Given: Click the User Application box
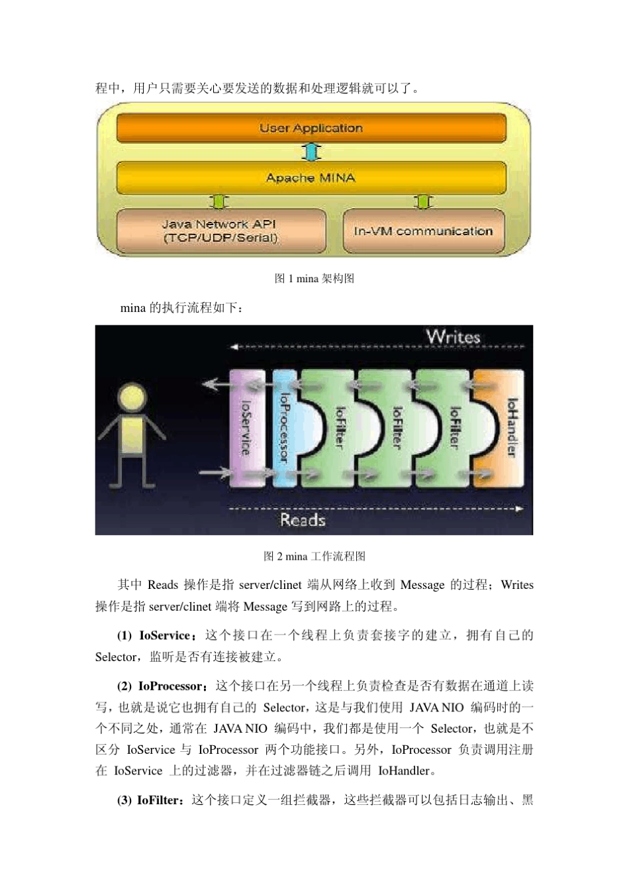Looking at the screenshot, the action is tap(311, 128).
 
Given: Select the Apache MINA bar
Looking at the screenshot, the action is tap(311, 178).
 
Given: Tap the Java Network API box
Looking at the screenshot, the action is tap(220, 231).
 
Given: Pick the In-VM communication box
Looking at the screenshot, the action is tap(423, 231).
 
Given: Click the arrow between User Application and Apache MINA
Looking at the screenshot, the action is tap(311, 152).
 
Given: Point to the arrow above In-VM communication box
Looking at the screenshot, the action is tap(423, 201).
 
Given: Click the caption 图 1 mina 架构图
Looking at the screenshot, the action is tap(314, 278).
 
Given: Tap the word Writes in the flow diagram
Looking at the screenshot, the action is tap(453, 337).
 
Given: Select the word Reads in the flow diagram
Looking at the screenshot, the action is tap(303, 520).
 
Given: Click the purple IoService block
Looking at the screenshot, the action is tap(246, 427).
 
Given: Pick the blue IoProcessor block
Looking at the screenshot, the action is tap(285, 427).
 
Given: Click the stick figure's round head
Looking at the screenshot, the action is tap(130, 397).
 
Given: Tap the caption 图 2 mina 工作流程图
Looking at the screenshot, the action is tap(314, 556).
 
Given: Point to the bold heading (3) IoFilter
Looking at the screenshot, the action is tap(152, 800).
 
